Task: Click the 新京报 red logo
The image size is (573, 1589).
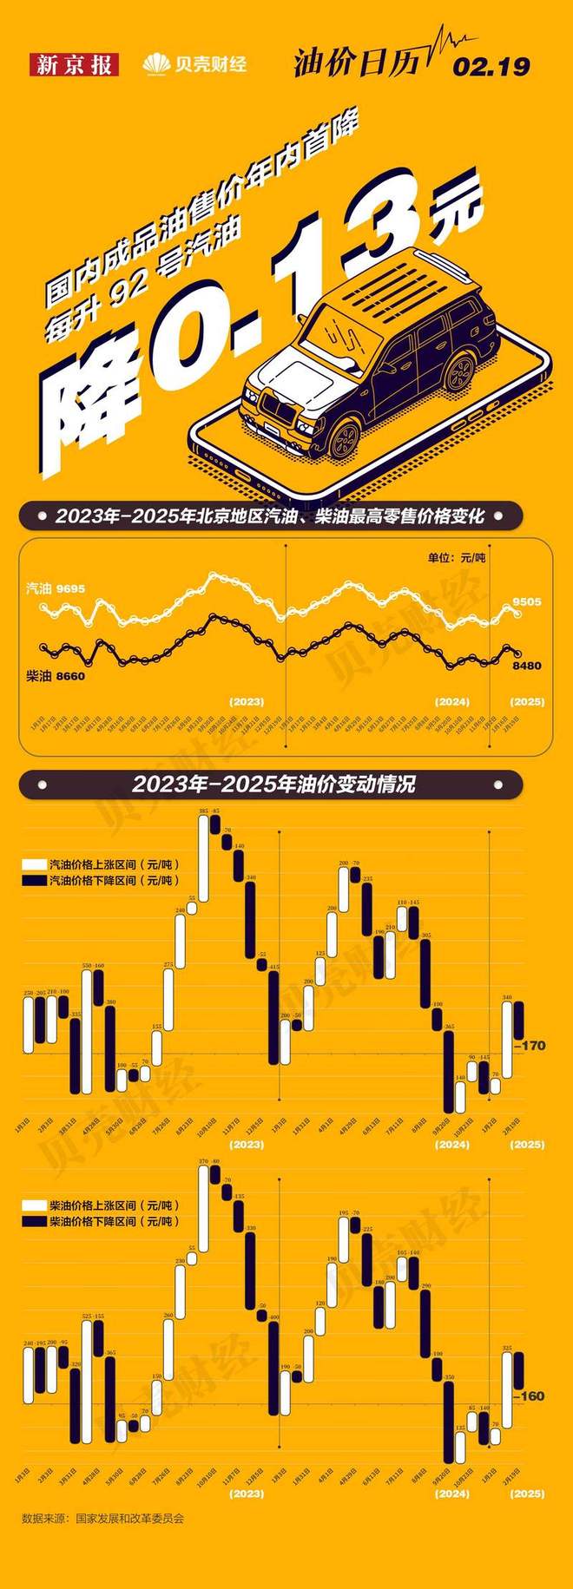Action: click(74, 64)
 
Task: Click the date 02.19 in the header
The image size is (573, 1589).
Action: click(491, 67)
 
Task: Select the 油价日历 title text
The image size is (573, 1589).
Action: click(356, 62)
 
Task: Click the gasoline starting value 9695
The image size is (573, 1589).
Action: click(70, 588)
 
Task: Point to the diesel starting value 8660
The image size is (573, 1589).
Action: click(70, 675)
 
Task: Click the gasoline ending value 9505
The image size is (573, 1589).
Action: click(526, 601)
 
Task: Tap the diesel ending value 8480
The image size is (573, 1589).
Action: click(526, 666)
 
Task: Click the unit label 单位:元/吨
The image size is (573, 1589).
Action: click(456, 557)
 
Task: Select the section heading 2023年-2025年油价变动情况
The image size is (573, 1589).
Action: click(273, 785)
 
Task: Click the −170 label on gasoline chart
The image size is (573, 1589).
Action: click(530, 1046)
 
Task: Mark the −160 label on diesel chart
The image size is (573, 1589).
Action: click(530, 1396)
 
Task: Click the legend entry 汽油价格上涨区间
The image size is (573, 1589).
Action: click(113, 864)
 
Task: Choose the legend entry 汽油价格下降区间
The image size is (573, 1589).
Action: click(113, 880)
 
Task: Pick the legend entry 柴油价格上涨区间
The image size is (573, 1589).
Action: click(113, 1205)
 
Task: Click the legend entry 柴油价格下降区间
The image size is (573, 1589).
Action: click(113, 1221)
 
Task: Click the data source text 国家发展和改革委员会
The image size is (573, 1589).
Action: click(129, 1519)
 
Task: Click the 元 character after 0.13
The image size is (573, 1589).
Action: click(457, 211)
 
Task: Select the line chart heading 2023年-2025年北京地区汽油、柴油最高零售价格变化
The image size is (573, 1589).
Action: click(269, 516)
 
